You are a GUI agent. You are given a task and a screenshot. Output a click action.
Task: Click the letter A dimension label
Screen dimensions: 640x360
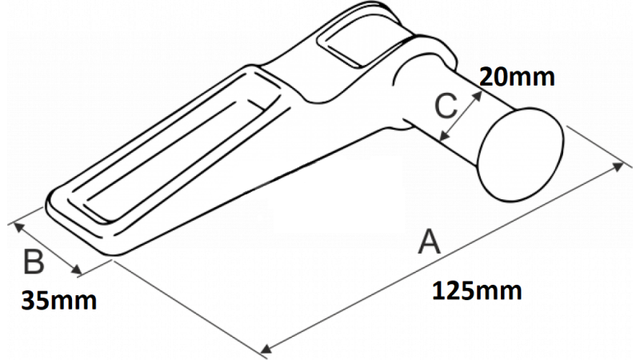430,242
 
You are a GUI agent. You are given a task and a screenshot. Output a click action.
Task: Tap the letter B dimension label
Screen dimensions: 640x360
34,262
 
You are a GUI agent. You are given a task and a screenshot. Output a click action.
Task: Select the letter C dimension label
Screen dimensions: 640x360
446,106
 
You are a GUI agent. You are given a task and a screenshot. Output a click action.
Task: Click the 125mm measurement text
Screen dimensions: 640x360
477,291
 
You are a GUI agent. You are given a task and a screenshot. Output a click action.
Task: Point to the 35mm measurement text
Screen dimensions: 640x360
58,301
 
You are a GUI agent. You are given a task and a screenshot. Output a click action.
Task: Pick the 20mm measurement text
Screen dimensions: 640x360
517,76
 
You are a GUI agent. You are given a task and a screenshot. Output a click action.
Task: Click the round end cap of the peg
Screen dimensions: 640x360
522,154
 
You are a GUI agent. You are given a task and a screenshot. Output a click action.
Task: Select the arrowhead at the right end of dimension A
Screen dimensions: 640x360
618,166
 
